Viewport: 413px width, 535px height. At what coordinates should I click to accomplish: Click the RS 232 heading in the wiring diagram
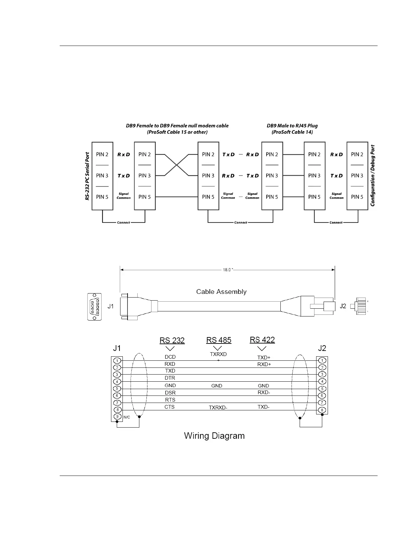172,340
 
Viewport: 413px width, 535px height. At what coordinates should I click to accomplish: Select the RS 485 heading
219,340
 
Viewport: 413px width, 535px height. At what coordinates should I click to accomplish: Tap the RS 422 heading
262,340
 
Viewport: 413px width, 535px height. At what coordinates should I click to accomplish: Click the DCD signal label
170,357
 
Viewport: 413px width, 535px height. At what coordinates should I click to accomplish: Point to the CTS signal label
169,407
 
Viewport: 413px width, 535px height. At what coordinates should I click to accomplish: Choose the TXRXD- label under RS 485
218,408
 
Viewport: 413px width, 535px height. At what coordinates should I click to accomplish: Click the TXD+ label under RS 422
264,357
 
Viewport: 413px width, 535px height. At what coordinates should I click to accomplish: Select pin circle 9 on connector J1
117,417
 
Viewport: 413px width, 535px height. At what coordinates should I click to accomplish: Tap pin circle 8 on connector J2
322,410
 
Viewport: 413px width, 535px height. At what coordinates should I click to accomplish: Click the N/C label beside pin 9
127,417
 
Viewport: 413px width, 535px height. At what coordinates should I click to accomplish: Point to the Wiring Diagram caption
214,436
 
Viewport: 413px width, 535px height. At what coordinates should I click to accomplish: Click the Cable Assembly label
221,292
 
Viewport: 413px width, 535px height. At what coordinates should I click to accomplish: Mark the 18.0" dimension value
227,270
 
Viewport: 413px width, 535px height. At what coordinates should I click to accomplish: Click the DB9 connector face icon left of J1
94,307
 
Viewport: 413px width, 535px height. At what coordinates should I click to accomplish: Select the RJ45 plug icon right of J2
360,306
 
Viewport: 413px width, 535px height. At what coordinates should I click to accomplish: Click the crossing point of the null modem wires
176,165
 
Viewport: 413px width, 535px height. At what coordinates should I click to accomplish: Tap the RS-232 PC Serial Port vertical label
87,176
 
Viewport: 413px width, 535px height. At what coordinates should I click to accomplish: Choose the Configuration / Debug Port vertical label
373,176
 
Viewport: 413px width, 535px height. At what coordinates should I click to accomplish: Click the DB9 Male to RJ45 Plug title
292,126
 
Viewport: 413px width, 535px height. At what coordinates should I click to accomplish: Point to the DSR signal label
170,393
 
